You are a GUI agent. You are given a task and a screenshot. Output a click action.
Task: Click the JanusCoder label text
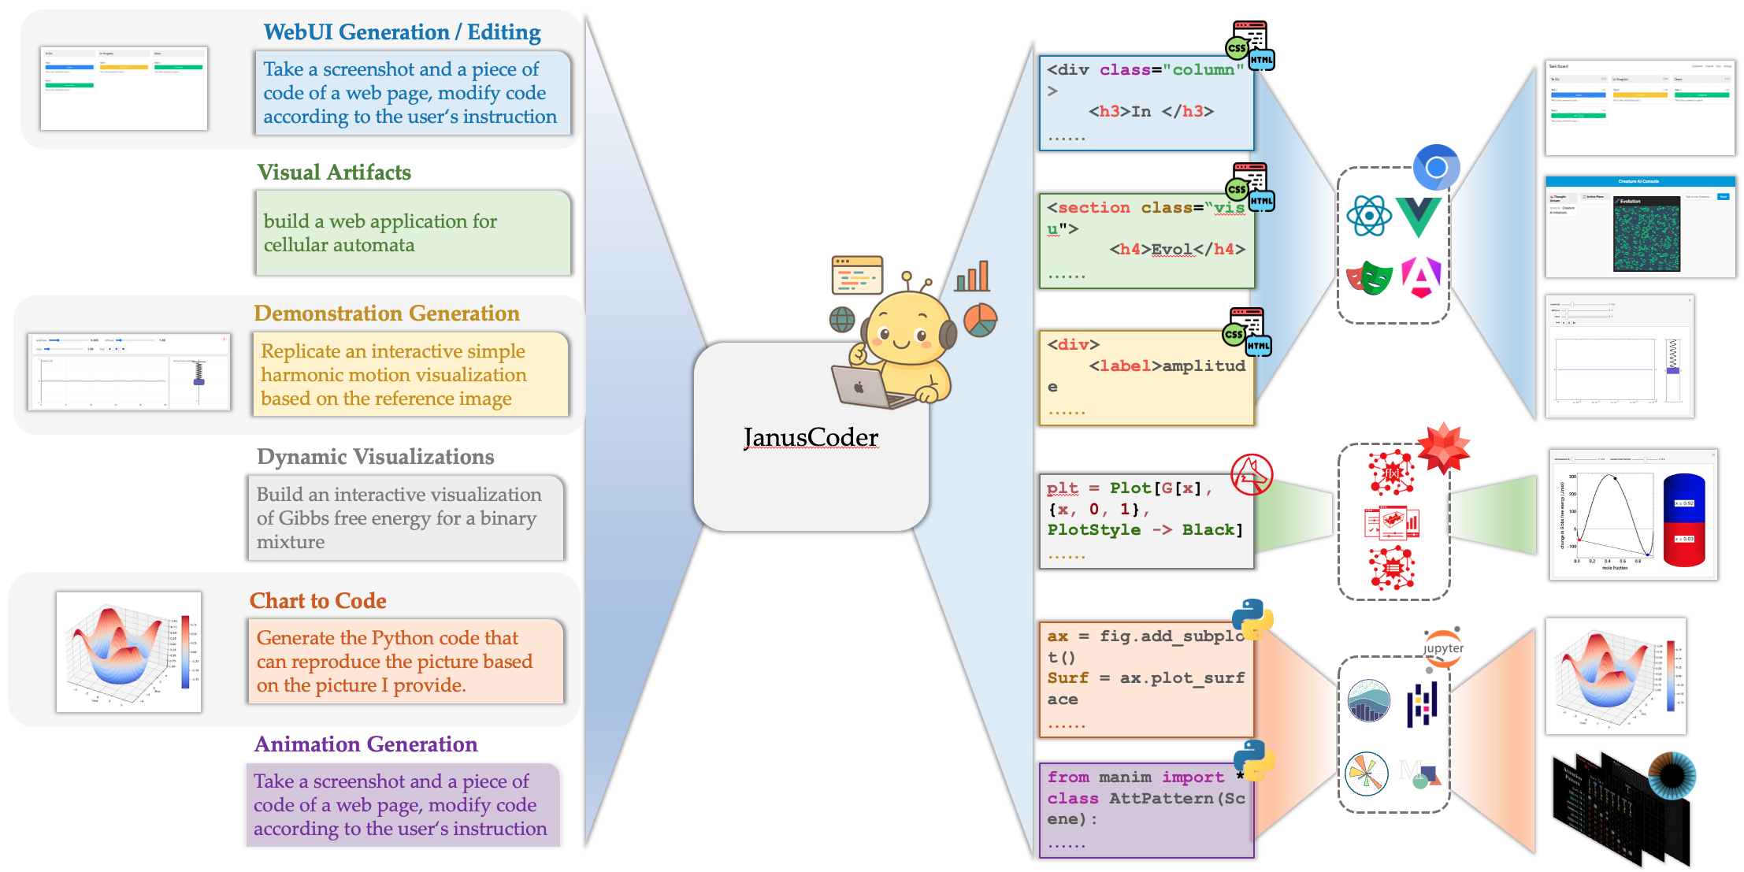[811, 437]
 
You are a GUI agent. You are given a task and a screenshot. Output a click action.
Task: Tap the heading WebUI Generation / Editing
[402, 32]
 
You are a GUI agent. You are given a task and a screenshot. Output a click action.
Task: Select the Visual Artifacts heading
[334, 173]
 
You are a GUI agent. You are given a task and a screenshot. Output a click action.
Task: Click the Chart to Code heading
[317, 601]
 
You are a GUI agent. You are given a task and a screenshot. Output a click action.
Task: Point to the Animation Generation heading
[365, 744]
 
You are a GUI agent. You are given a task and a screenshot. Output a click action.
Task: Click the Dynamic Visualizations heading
[375, 457]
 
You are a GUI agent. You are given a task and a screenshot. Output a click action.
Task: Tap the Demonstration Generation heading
[386, 314]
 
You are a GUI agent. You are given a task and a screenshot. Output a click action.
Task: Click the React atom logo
[1369, 215]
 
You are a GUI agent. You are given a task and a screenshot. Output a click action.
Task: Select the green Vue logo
[1419, 217]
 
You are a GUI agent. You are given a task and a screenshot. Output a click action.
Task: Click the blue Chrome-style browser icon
[1436, 167]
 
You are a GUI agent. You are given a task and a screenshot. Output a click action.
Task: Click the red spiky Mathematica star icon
[1443, 447]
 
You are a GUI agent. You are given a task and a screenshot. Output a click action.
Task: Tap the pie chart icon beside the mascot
[980, 321]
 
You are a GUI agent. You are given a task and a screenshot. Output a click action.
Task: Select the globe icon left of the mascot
[842, 319]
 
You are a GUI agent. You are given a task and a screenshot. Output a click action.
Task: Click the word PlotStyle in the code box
[1093, 530]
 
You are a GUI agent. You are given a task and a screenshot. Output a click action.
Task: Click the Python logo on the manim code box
[1253, 760]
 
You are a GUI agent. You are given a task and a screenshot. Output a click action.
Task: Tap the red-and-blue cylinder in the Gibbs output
[1683, 520]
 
